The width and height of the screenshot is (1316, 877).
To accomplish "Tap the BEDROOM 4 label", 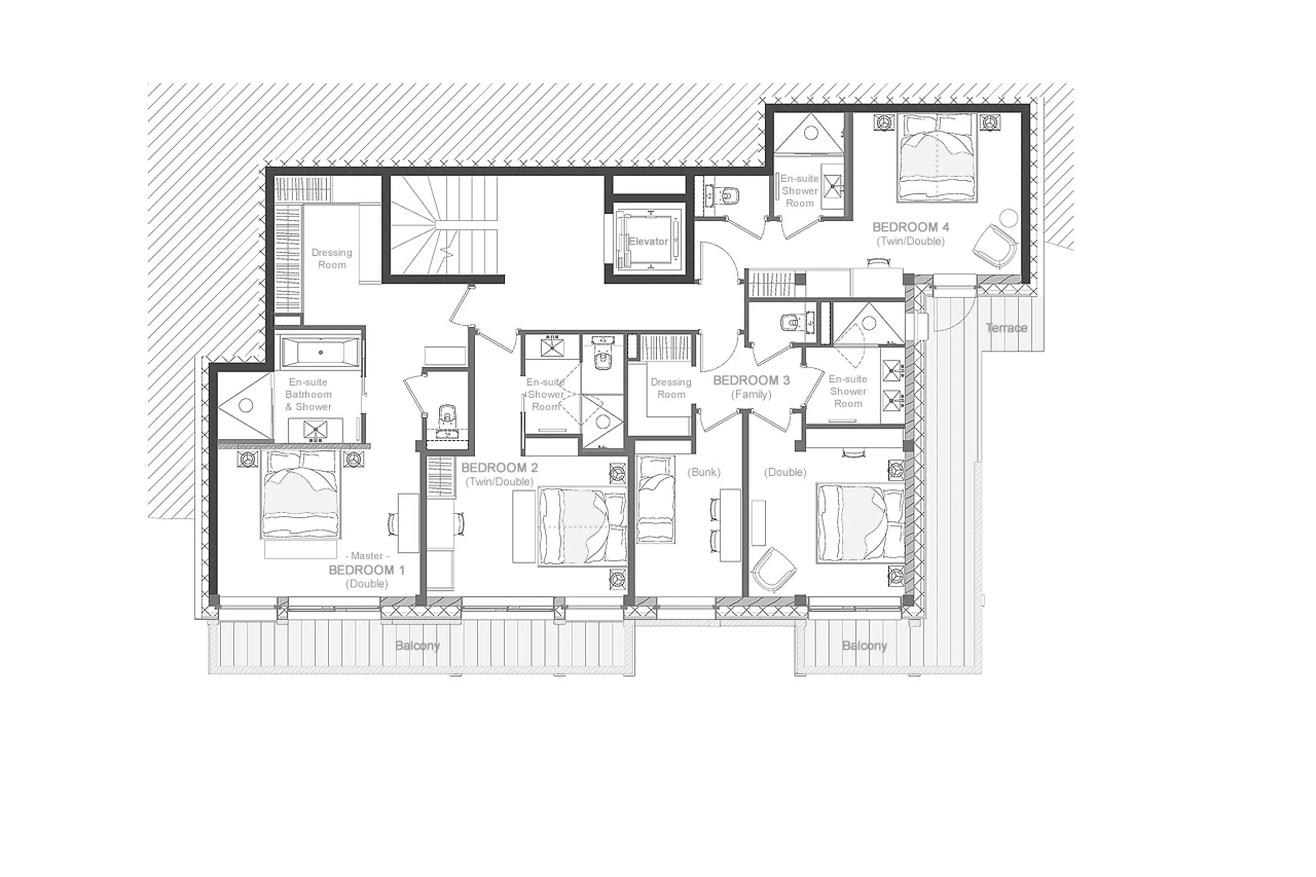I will click(x=911, y=227).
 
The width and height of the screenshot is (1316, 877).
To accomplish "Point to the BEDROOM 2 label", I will click(x=499, y=467).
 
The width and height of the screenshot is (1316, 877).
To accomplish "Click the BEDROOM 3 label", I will click(x=751, y=380).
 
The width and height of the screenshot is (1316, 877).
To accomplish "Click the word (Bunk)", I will click(x=704, y=472).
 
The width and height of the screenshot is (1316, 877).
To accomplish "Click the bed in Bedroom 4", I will click(x=937, y=158).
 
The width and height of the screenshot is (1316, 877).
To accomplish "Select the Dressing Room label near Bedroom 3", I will click(x=671, y=388).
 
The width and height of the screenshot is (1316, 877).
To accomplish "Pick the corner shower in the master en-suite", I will click(x=244, y=405).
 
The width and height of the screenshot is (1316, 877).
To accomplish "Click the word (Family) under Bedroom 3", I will click(x=751, y=394).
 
